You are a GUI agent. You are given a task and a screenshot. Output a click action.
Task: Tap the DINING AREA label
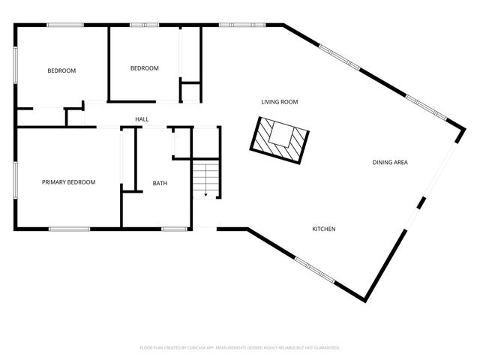[390, 162]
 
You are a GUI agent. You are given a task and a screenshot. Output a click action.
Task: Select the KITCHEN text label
[324, 229]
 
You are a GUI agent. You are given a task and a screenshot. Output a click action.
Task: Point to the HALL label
[142, 119]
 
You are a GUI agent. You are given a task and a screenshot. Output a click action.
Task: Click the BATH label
[160, 184]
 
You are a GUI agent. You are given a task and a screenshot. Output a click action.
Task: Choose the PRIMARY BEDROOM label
[68, 182]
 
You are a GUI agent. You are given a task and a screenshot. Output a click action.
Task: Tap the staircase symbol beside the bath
[205, 180]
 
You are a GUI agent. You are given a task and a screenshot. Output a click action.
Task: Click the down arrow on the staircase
[205, 193]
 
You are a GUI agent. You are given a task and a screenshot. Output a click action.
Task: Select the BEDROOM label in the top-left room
[61, 71]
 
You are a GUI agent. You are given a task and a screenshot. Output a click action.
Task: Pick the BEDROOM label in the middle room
[145, 68]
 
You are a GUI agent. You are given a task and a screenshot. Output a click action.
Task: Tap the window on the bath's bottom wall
[174, 229]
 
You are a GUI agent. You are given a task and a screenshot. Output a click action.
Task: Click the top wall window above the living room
[242, 25]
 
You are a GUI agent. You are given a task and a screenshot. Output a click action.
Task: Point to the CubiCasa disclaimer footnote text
[240, 347]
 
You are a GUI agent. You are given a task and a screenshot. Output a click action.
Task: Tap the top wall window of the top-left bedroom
[65, 25]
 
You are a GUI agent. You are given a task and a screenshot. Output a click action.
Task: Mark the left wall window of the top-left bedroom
[16, 67]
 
